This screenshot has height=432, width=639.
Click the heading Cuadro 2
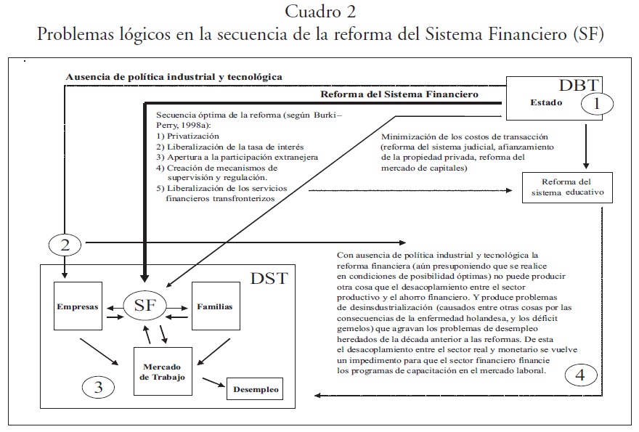pyautogui.click(x=320, y=12)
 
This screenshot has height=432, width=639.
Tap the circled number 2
pyautogui.click(x=65, y=245)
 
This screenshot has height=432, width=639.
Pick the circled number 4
pyautogui.click(x=579, y=375)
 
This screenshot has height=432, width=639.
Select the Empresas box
pyautogui.click(x=78, y=306)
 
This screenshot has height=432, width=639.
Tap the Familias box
pyautogui.click(x=215, y=306)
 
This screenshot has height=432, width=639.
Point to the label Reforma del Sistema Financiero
pyautogui.click(x=399, y=94)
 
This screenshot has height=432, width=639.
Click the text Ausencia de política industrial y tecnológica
pyautogui.click(x=174, y=76)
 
